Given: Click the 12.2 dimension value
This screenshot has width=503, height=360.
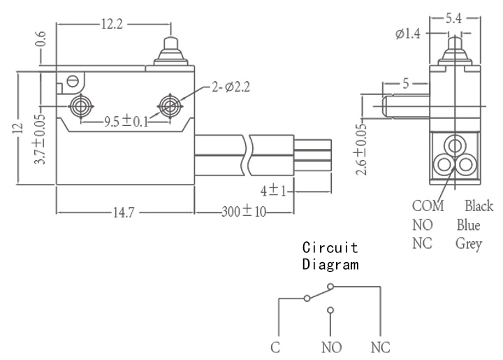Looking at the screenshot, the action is [112, 24].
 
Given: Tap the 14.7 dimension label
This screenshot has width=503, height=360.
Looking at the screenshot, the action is [124, 213].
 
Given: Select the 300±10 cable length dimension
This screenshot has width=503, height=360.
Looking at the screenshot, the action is [244, 211].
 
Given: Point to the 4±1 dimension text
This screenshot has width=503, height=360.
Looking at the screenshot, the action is [273, 191].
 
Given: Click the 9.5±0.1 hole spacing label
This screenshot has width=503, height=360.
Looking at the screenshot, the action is [126, 122].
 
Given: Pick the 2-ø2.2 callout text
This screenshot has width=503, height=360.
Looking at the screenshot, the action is [231, 87].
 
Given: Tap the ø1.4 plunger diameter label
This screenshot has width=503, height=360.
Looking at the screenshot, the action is [407, 34].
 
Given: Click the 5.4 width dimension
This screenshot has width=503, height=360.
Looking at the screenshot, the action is [454, 18].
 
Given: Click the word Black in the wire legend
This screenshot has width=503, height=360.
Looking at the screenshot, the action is [479, 206].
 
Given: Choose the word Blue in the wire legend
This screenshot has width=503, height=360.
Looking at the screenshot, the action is [468, 225].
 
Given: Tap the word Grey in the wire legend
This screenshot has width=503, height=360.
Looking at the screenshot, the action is [469, 244].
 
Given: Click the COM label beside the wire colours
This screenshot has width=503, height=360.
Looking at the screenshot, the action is [428, 206].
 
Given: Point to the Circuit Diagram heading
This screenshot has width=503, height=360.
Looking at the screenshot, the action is [330, 256].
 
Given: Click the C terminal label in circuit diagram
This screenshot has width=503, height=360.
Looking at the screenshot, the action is [275, 347].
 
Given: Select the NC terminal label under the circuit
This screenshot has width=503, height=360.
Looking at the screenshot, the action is [381, 347].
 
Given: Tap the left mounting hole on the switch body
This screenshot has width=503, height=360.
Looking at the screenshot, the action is [81, 106].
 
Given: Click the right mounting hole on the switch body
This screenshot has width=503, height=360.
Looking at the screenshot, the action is [170, 106].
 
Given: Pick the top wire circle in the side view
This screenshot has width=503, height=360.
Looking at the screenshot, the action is [455, 145].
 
